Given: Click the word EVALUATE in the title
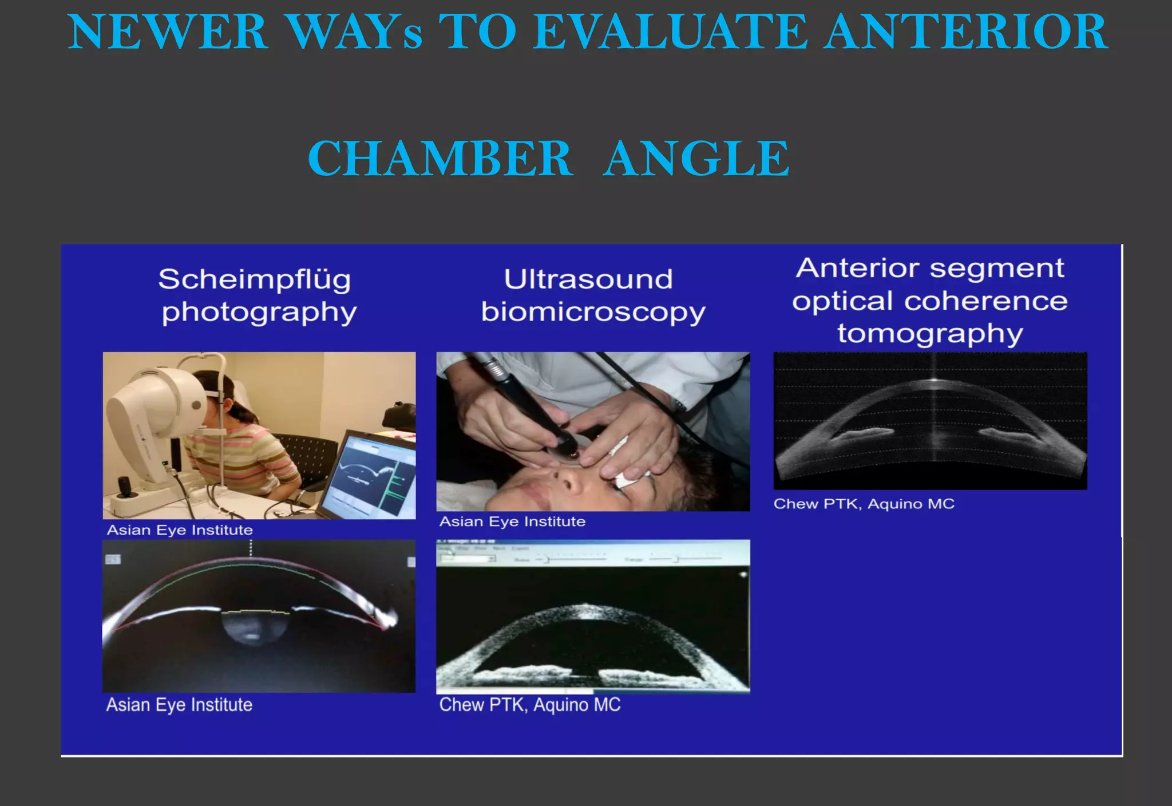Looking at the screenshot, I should click(x=671, y=32).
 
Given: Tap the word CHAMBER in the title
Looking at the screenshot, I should click(x=439, y=159).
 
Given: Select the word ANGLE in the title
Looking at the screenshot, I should click(x=697, y=159).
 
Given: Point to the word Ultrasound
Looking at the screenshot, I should click(x=588, y=279).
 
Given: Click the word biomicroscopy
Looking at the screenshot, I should click(x=593, y=313).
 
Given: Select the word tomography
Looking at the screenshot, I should click(x=931, y=334).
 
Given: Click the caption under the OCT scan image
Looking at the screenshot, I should click(x=864, y=504).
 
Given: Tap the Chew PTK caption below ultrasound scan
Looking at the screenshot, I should click(x=529, y=705).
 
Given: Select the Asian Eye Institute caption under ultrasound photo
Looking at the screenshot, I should click(x=512, y=521).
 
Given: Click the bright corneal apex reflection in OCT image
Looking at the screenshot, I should click(x=934, y=380).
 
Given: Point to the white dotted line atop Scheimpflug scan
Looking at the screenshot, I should click(x=251, y=548).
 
